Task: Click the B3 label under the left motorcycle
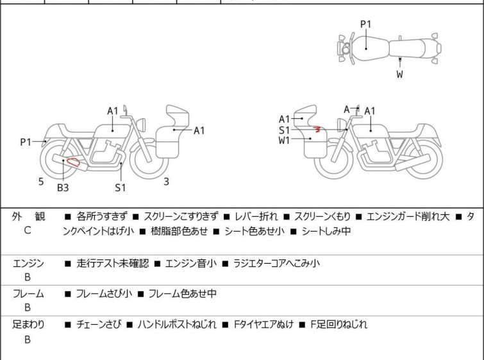tap(62, 187)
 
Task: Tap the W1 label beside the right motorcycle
tap(285, 141)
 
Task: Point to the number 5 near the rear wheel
tap(41, 182)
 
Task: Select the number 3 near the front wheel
tap(166, 182)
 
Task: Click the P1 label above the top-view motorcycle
tap(365, 24)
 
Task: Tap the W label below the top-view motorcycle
tap(399, 74)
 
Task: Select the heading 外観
tap(28, 217)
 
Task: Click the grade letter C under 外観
tap(28, 230)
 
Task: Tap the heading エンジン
tap(28, 262)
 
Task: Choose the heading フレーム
tap(28, 294)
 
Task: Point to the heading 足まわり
tap(28, 325)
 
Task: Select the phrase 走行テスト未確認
tap(112, 262)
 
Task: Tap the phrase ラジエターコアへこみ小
tap(276, 262)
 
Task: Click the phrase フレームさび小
tap(104, 294)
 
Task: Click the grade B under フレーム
tap(28, 307)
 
